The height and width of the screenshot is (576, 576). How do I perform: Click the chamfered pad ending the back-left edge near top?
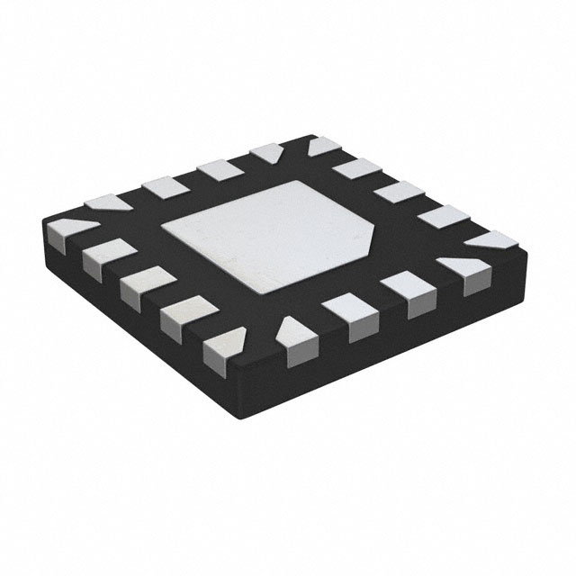[265, 153]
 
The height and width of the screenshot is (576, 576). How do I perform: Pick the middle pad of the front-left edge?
[138, 286]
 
